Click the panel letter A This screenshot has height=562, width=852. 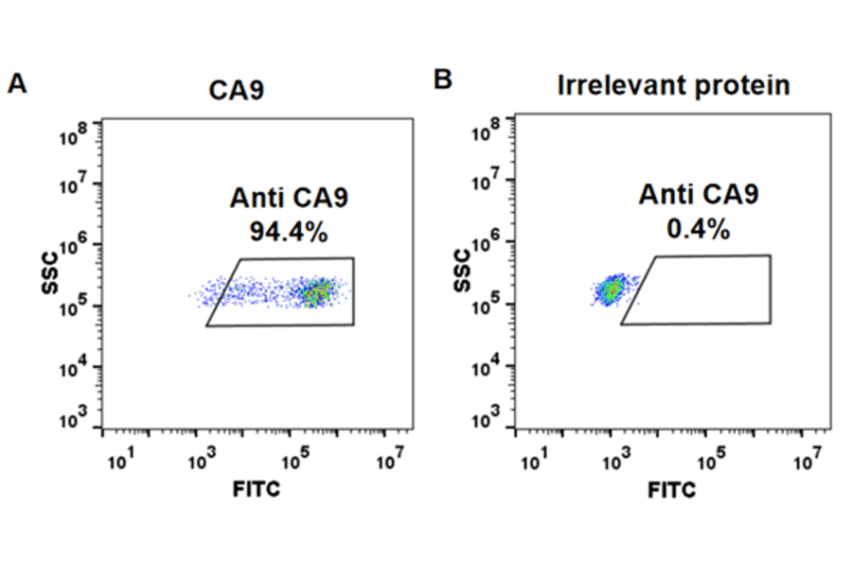[x=16, y=83]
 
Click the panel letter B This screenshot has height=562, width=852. [x=442, y=79]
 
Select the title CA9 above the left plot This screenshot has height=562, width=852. [x=237, y=91]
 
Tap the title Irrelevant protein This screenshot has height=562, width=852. [x=673, y=86]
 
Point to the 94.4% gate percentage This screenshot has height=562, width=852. [x=290, y=231]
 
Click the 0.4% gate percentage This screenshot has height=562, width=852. [x=698, y=228]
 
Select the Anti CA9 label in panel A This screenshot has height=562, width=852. [x=290, y=199]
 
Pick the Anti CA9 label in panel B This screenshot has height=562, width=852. [x=698, y=195]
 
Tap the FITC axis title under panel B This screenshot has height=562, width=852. [x=672, y=490]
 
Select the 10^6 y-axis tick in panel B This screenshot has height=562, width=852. [x=488, y=244]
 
